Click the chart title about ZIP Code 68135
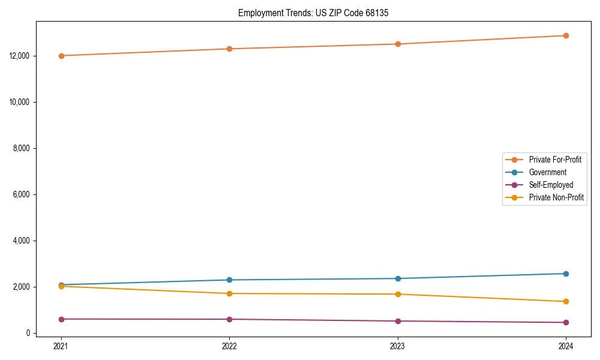313,13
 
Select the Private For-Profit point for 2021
61,56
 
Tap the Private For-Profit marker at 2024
566,35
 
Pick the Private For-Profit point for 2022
229,49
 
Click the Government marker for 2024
566,274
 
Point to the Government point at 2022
229,280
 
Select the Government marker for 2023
398,278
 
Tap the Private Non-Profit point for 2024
566,301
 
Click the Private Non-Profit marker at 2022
229,293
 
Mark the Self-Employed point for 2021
61,319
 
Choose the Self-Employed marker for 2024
566,322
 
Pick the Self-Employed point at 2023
398,321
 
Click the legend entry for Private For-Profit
554,160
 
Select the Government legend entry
547,172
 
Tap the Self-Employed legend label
551,185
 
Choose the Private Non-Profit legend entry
556,197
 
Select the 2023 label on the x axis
398,346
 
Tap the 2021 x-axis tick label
61,346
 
